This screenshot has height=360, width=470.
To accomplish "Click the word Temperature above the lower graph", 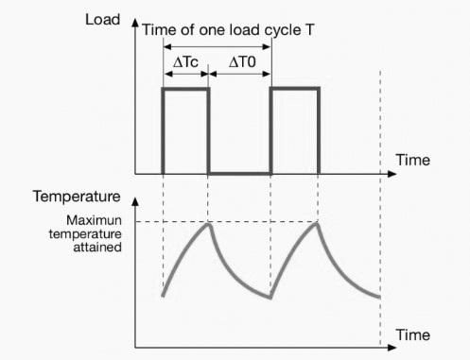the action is [76, 197].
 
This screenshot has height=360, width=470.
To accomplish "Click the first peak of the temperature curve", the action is [209, 223].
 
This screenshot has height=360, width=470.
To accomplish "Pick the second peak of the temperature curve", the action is [319, 223].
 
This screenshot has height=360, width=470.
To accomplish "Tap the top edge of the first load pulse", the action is [185, 89].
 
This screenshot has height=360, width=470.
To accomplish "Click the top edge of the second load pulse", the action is [295, 89].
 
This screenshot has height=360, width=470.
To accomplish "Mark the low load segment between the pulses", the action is [239, 174].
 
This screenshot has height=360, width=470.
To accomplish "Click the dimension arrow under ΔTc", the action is [185, 78].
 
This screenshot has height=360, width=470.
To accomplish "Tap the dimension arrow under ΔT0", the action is [240, 78].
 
